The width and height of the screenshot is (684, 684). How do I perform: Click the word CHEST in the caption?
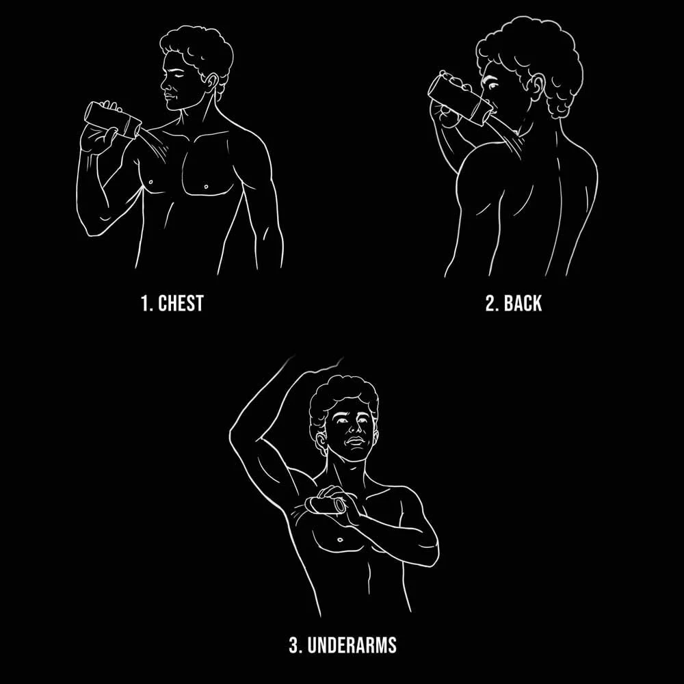pos(181,303)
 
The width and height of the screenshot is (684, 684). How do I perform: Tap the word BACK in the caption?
pos(522,303)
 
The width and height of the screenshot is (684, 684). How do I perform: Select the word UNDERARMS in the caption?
pos(352,645)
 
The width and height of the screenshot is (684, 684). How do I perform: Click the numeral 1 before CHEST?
pos(145,303)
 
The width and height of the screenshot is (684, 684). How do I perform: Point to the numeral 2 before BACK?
pos(490,303)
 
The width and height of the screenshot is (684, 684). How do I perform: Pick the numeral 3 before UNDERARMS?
pos(294,645)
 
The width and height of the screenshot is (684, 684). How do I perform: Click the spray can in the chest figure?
pos(113,120)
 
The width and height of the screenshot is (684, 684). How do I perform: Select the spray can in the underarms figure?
pos(326,505)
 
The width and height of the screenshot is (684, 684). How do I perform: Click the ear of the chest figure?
pos(212,82)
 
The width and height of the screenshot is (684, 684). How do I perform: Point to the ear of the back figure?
pos(538,88)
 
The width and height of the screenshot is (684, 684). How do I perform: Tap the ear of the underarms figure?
pos(321,442)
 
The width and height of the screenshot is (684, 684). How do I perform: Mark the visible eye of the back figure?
pos(493,85)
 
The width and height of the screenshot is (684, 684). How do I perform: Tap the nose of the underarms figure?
pos(354,430)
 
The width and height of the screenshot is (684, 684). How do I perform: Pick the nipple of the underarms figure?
pos(340,540)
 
